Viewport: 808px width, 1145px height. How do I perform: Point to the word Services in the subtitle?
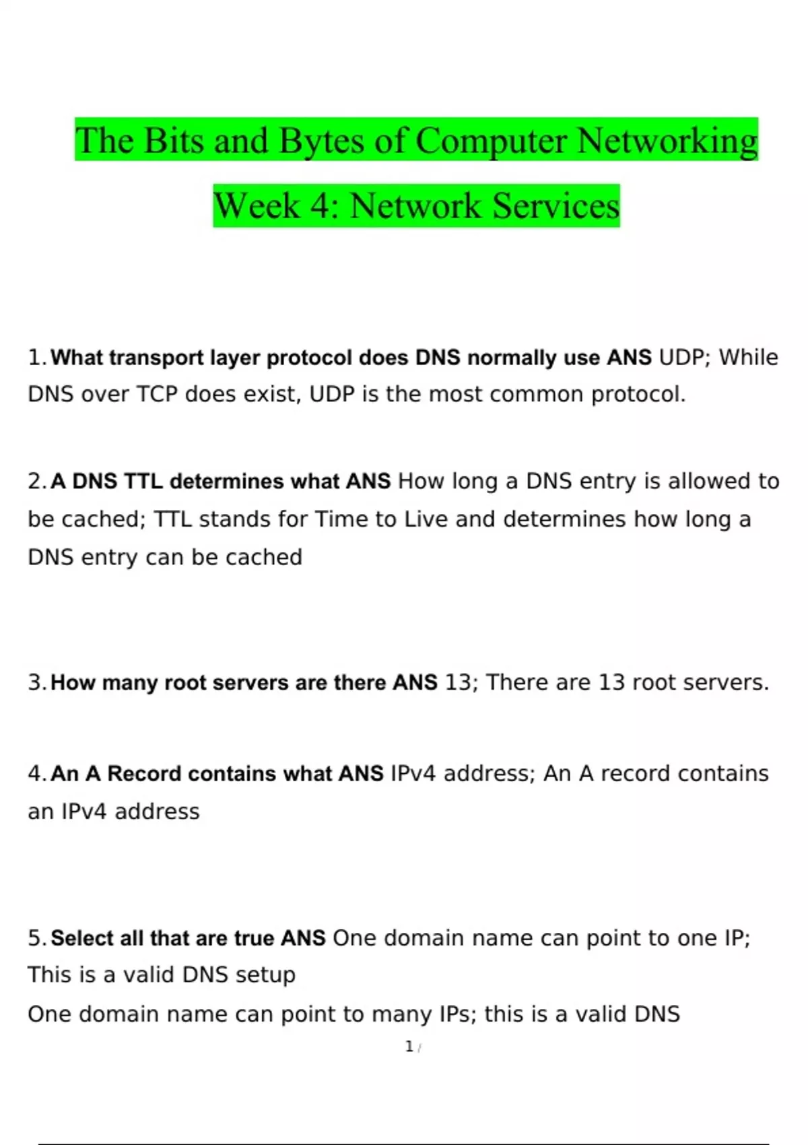coord(556,205)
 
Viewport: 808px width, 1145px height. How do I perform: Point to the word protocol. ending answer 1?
coord(638,395)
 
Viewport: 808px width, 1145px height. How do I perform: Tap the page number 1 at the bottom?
coord(409,1047)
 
